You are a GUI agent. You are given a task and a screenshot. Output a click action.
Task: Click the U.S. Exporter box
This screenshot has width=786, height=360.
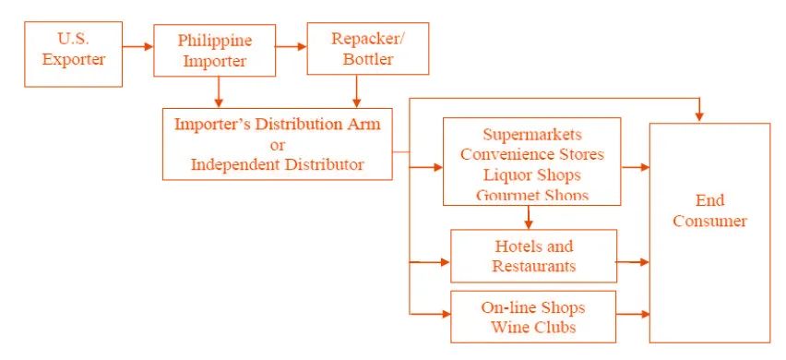pyautogui.click(x=73, y=54)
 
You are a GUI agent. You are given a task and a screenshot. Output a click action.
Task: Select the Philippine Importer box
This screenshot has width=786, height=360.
pyautogui.click(x=215, y=50)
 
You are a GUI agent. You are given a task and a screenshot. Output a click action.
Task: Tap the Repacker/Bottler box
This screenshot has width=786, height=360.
pyautogui.click(x=368, y=49)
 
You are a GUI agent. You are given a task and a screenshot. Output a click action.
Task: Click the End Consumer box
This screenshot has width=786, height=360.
pyautogui.click(x=709, y=233)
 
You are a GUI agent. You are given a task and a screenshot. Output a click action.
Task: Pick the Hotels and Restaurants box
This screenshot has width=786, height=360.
pyautogui.click(x=534, y=256)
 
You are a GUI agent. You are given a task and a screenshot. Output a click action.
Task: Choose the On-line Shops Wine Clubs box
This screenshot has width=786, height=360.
pyautogui.click(x=533, y=317)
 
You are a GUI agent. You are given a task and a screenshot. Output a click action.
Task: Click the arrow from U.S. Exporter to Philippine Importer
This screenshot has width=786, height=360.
pyautogui.click(x=137, y=47)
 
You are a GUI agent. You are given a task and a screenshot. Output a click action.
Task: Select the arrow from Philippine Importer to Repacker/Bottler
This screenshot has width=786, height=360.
pyautogui.click(x=292, y=47)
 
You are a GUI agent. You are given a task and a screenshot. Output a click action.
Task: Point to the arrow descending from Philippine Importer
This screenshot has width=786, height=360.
pyautogui.click(x=218, y=92)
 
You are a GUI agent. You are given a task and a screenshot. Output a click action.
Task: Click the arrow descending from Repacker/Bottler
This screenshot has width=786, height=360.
pyautogui.click(x=356, y=91)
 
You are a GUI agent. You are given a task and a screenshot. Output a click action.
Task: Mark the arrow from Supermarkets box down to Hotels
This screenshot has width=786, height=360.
pyautogui.click(x=528, y=217)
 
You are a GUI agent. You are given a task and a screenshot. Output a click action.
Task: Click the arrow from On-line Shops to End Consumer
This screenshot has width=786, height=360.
pyautogui.click(x=633, y=315)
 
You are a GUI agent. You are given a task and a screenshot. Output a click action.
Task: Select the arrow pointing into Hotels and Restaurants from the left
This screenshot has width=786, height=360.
pyautogui.click(x=430, y=262)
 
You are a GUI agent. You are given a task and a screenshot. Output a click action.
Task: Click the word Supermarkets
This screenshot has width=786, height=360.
pyautogui.click(x=532, y=135)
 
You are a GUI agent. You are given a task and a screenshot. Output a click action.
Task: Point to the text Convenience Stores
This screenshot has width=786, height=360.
pyautogui.click(x=532, y=154)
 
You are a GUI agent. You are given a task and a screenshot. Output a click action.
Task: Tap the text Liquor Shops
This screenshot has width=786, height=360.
pyautogui.click(x=532, y=175)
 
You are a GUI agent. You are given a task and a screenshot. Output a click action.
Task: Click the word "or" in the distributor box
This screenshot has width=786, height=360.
pyautogui.click(x=277, y=145)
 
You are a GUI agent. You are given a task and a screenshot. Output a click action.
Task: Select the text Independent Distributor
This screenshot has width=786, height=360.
pyautogui.click(x=277, y=164)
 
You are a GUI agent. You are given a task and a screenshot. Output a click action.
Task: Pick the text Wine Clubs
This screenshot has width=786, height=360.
pyautogui.click(x=533, y=328)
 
